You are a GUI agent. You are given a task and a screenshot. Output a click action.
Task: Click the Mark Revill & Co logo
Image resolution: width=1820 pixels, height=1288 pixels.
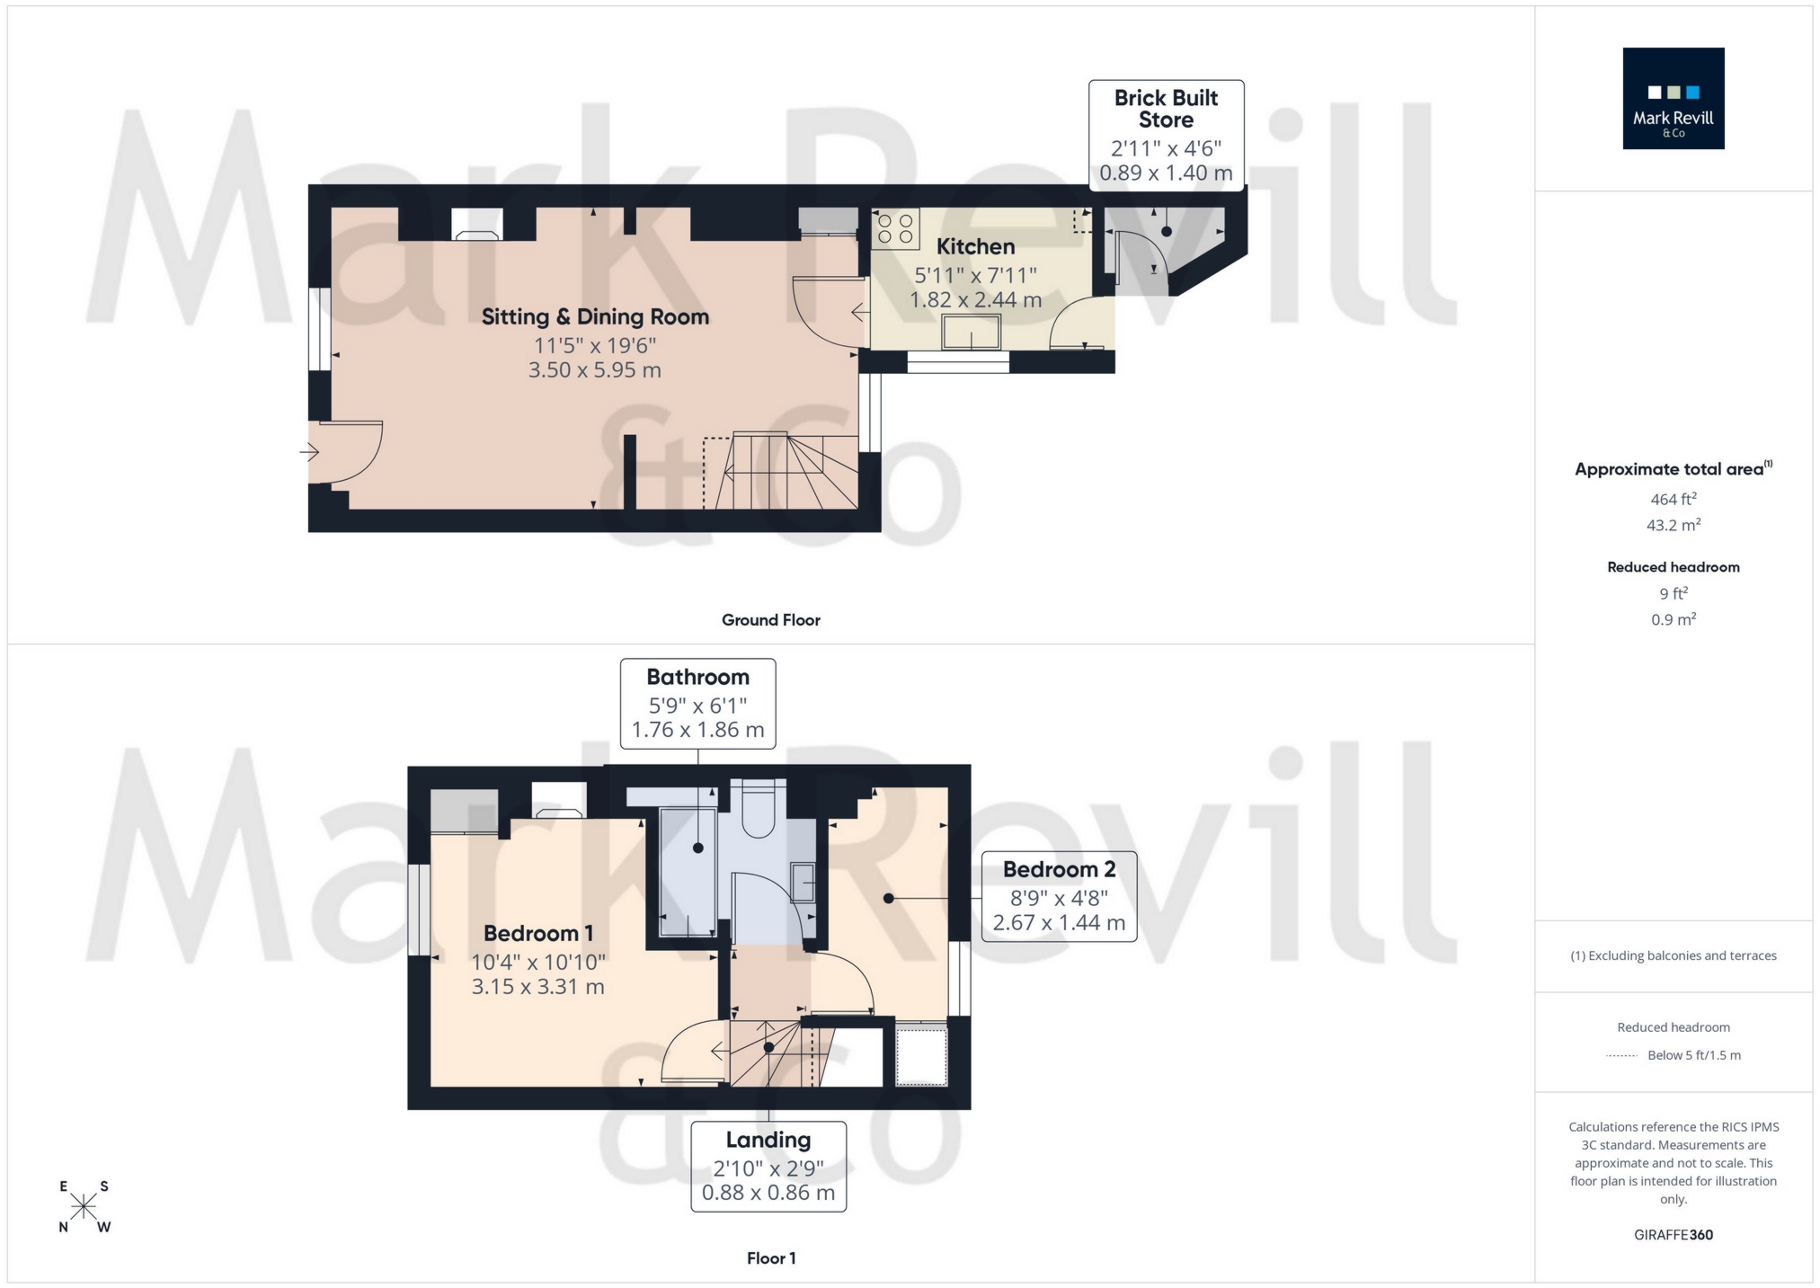click(1673, 98)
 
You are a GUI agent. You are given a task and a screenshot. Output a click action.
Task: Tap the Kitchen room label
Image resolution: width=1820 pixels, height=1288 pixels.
click(975, 246)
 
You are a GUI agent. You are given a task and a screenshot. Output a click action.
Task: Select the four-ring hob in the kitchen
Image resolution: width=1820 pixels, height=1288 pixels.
click(896, 227)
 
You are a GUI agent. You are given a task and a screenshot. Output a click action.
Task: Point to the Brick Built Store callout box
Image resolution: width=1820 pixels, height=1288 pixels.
click(1166, 135)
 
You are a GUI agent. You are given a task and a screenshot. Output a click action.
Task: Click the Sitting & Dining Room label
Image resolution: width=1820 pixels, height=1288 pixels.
click(595, 316)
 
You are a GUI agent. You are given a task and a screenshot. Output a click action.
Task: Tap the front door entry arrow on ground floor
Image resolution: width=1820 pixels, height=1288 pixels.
click(309, 451)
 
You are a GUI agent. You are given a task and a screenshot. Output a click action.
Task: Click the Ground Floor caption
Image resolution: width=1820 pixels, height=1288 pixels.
click(770, 619)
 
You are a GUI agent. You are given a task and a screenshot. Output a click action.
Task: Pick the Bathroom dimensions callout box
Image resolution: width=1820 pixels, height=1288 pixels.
click(697, 703)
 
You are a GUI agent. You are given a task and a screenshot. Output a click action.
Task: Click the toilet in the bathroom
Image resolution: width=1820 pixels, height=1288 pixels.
click(759, 809)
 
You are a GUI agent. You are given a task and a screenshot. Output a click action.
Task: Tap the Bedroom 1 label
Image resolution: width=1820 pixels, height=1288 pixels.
click(537, 933)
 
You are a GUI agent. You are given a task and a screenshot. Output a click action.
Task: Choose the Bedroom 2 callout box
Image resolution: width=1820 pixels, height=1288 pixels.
click(1059, 895)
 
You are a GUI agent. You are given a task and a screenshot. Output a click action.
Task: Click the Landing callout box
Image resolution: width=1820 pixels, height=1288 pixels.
click(768, 1166)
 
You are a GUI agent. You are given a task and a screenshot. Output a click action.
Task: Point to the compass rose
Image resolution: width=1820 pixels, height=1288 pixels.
click(84, 1206)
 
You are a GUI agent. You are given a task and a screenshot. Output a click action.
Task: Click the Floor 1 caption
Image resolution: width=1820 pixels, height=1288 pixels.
click(770, 1258)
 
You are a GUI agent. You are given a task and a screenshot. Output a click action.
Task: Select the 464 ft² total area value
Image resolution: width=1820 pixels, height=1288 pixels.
click(1673, 499)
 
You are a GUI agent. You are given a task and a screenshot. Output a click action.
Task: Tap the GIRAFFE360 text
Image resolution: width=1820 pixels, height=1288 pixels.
click(1673, 1235)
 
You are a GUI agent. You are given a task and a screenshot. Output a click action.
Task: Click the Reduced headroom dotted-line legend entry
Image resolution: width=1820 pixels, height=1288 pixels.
click(1673, 1055)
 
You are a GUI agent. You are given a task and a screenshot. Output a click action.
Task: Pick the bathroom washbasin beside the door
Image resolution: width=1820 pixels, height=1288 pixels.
click(803, 882)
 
